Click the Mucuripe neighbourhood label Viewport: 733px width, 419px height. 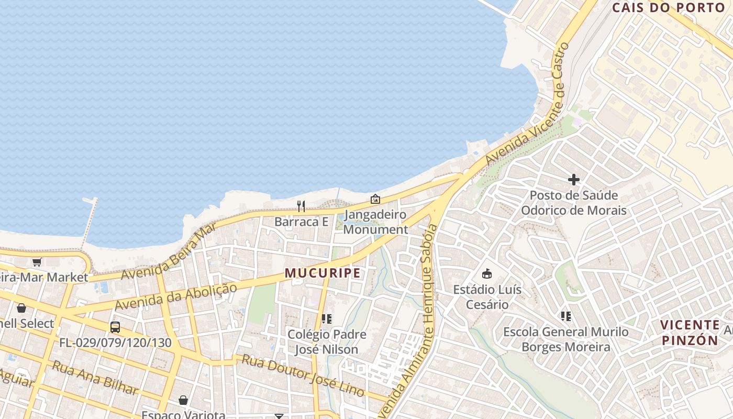click(x=323, y=273)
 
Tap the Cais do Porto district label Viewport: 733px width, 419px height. click(x=668, y=8)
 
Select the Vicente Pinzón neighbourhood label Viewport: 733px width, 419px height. click(x=690, y=333)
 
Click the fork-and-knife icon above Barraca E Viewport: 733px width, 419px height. click(x=301, y=206)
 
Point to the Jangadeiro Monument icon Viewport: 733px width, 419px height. click(x=375, y=199)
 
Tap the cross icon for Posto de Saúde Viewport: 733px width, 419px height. click(x=573, y=180)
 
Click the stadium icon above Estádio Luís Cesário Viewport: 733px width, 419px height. click(x=487, y=273)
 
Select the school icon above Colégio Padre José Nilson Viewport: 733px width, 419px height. click(x=327, y=318)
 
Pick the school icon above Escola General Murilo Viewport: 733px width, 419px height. click(x=565, y=316)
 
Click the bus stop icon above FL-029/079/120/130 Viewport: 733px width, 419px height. click(x=115, y=327)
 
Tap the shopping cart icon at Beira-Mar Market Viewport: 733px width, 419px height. click(x=37, y=262)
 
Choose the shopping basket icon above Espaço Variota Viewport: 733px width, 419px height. click(x=183, y=400)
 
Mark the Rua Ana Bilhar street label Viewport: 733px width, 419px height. click(x=95, y=377)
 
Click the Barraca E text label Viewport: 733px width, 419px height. click(x=301, y=222)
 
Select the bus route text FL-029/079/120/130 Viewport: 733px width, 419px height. click(x=115, y=343)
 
